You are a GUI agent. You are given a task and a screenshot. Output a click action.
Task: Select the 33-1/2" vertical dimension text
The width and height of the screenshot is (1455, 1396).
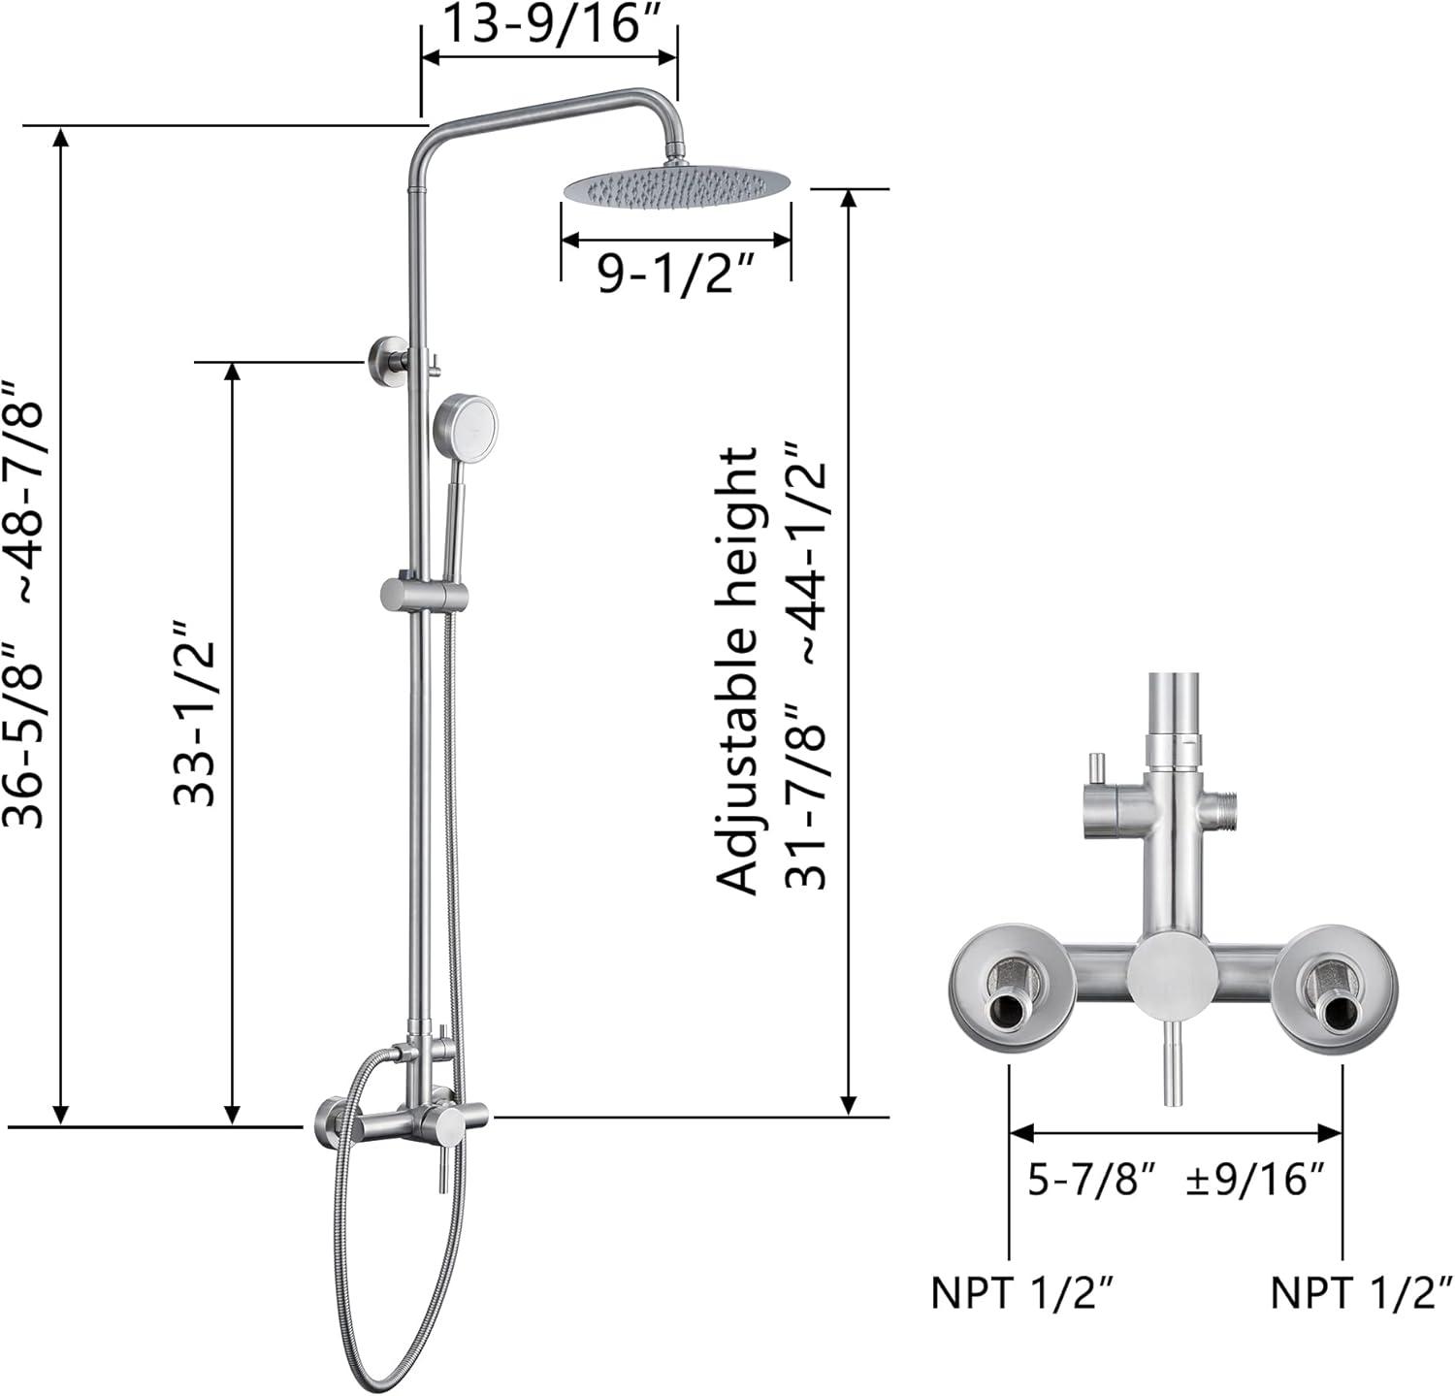tap(194, 713)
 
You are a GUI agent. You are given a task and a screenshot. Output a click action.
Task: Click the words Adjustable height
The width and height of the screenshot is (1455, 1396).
tap(737, 670)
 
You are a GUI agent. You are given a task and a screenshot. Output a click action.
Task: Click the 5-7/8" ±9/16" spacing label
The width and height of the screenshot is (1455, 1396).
tap(1175, 1180)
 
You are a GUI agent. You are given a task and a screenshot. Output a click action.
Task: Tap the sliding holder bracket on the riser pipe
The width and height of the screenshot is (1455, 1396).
tap(424, 594)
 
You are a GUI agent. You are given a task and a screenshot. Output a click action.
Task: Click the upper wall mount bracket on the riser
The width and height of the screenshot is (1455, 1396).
tap(386, 361)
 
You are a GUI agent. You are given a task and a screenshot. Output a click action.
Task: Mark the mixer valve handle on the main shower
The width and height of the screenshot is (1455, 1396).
tap(445, 1154)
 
